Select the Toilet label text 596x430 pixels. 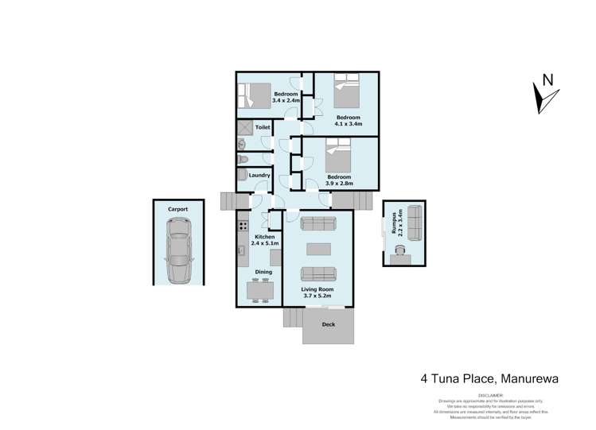(x=263, y=127)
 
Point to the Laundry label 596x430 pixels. (x=259, y=175)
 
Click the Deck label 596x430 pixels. (x=328, y=324)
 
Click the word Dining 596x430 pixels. (x=263, y=272)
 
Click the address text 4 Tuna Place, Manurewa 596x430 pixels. (x=489, y=379)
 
